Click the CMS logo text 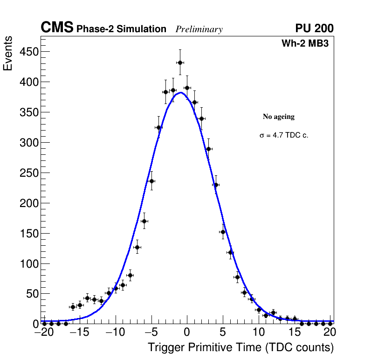click(x=57, y=28)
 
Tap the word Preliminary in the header click(x=199, y=29)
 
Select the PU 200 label click(x=314, y=28)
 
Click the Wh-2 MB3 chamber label click(x=308, y=43)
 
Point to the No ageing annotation click(x=279, y=117)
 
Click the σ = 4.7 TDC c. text click(x=284, y=135)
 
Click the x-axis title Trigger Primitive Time click(x=240, y=347)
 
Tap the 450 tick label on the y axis click(x=28, y=52)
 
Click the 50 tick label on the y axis click(x=31, y=294)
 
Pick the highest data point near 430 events click(x=180, y=62)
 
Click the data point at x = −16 click(x=73, y=307)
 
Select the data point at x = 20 click(x=330, y=323)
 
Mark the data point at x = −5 click(x=151, y=181)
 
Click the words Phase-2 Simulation click(x=121, y=29)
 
